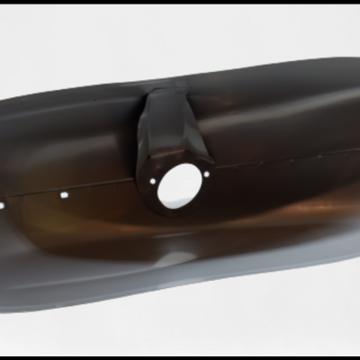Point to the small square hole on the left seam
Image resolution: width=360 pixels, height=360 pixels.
click(66, 193)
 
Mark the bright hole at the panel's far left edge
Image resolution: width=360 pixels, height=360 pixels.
click(11, 203)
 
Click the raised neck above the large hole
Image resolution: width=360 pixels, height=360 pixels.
click(171, 126)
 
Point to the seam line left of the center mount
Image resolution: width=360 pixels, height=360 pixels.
click(99, 186)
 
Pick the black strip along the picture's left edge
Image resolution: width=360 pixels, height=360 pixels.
click(3, 180)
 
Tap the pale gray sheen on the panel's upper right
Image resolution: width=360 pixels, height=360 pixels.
click(288, 99)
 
